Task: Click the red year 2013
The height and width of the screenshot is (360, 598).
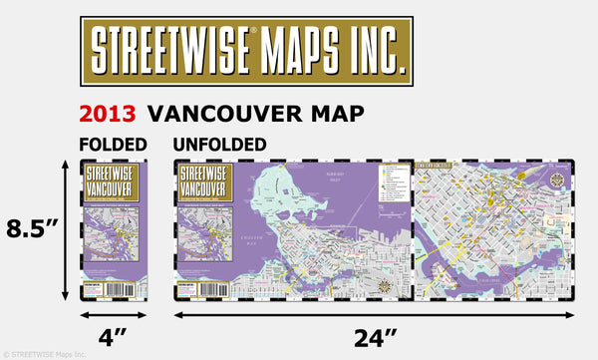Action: click(x=109, y=112)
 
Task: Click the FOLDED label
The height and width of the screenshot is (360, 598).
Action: click(x=113, y=144)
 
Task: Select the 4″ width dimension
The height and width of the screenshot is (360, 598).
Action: click(x=113, y=336)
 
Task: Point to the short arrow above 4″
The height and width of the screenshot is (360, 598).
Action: click(x=113, y=314)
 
